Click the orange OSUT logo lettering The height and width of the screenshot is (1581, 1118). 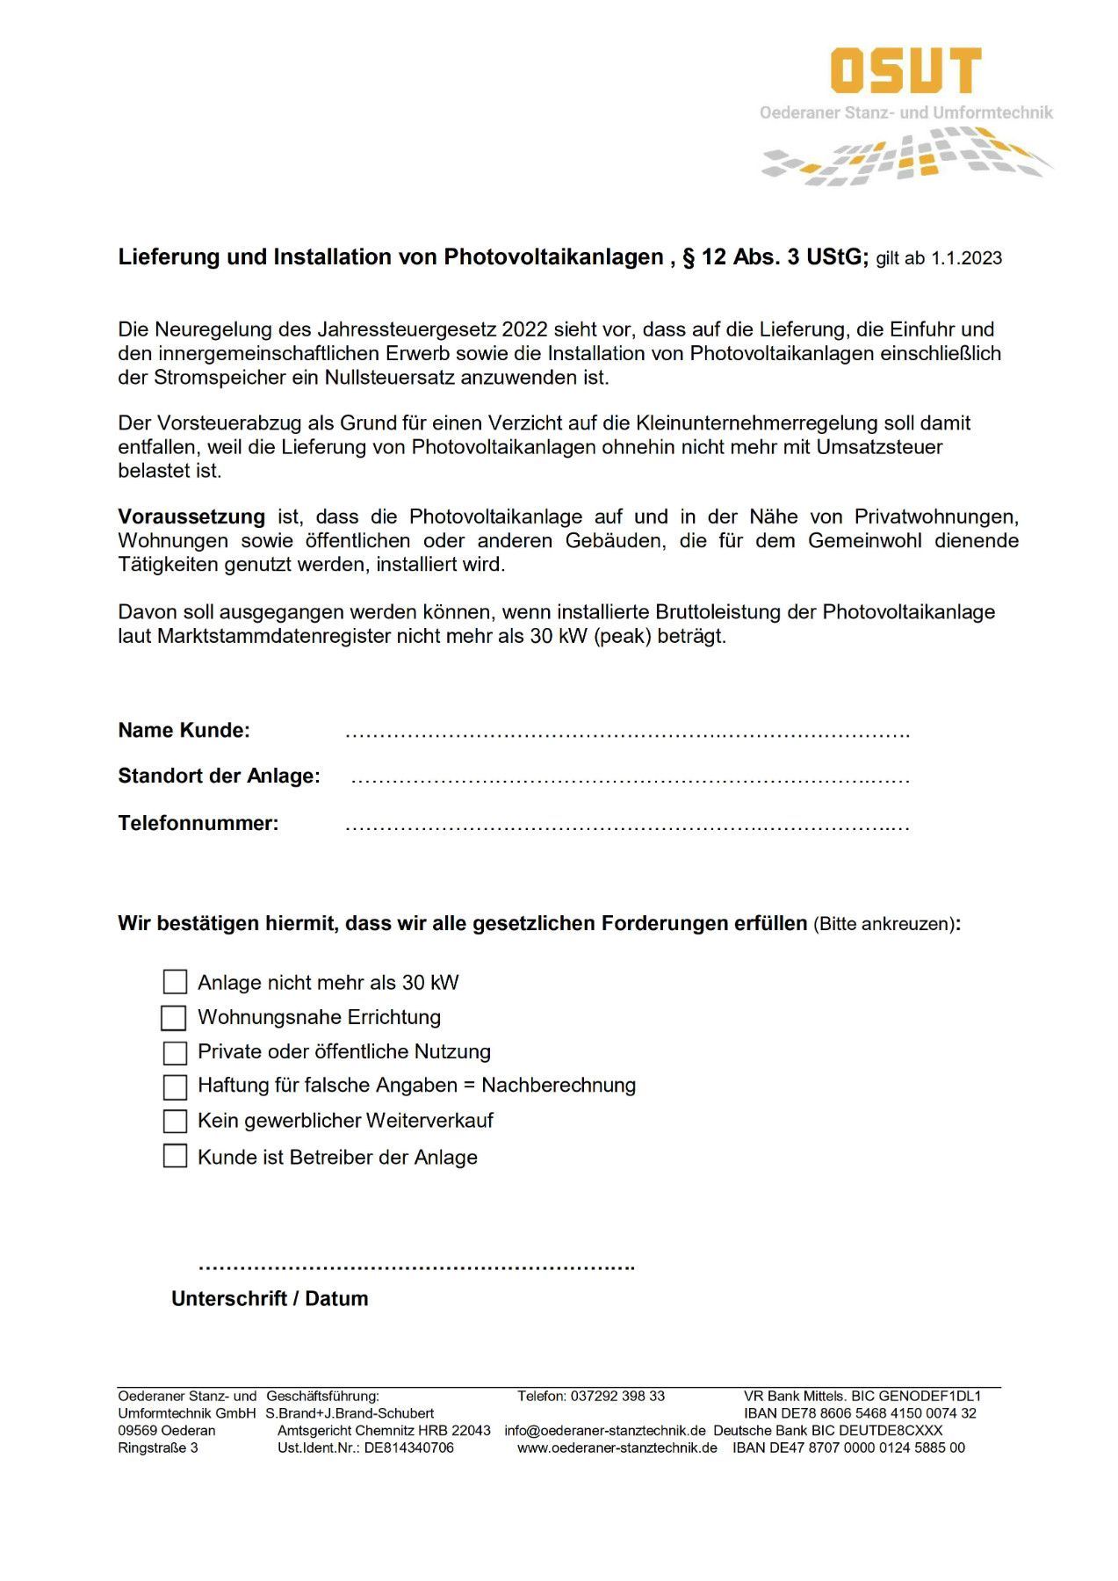coord(905,70)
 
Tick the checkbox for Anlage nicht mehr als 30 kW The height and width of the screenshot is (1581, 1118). coord(176,982)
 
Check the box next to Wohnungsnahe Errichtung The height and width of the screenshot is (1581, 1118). coord(174,1017)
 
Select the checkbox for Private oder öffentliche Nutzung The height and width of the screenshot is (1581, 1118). coord(176,1052)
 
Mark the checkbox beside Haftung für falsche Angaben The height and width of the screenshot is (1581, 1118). coord(176,1086)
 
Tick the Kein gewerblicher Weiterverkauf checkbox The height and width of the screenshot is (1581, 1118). coord(176,1121)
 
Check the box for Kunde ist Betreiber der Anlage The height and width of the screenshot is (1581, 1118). coord(176,1156)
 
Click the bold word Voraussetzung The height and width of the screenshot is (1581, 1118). coord(191,516)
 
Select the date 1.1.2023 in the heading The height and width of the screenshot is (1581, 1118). coord(966,258)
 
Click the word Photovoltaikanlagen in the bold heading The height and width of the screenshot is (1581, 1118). coord(553,256)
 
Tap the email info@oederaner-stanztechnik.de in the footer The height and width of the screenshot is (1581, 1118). coord(605,1430)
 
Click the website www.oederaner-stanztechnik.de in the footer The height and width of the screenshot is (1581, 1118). coord(617,1447)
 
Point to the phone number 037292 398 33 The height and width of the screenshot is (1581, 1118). coord(617,1396)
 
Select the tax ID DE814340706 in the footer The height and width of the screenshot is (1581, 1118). coord(409,1447)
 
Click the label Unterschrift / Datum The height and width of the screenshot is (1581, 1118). coord(270,1298)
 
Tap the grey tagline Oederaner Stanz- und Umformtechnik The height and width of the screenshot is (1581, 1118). coord(905,112)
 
